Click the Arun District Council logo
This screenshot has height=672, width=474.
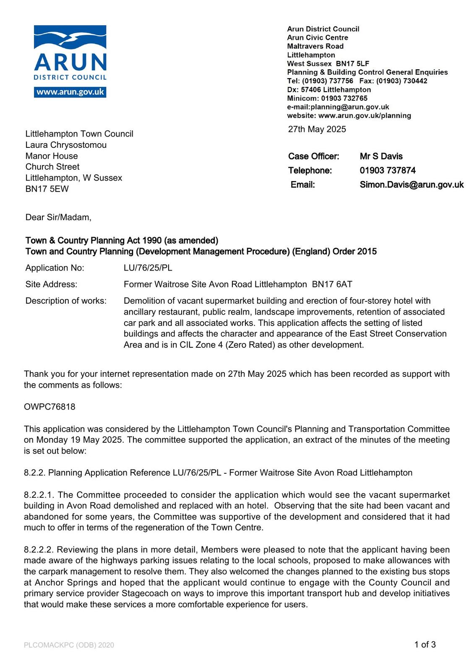click(x=70, y=53)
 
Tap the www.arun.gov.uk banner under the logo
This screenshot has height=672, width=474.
click(x=70, y=92)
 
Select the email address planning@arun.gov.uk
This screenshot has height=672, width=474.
click(x=349, y=107)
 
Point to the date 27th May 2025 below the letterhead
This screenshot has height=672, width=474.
click(x=317, y=129)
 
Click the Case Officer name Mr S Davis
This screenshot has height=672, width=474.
click(x=381, y=156)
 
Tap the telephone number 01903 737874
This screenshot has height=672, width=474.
click(x=388, y=170)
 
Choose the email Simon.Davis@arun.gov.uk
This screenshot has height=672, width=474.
click(x=411, y=184)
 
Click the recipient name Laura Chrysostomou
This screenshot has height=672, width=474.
click(x=66, y=145)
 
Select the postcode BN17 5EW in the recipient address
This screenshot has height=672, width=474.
click(x=47, y=189)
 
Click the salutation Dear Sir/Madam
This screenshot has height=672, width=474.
click(x=58, y=217)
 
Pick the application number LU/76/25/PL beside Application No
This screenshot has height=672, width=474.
click(x=148, y=268)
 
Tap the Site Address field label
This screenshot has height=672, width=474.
click(x=51, y=284)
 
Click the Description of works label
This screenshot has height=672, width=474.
click(x=66, y=301)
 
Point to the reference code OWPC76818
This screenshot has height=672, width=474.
click(x=49, y=407)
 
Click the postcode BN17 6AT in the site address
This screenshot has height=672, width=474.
click(x=332, y=284)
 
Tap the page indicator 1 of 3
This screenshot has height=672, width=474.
click(x=425, y=644)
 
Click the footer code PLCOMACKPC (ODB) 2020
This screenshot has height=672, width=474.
click(x=69, y=645)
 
